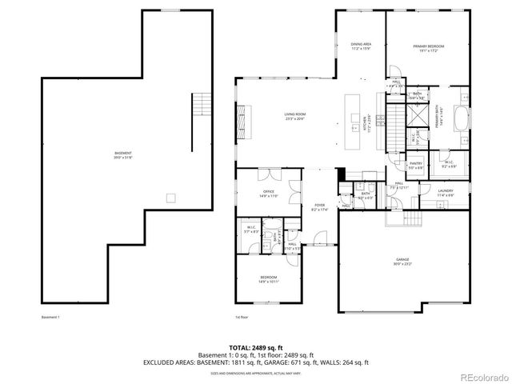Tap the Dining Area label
(x=361, y=46)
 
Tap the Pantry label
(x=416, y=165)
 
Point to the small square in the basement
(x=170, y=198)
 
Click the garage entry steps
(x=414, y=220)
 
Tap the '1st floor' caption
(x=241, y=318)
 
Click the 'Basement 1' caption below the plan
(x=50, y=318)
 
